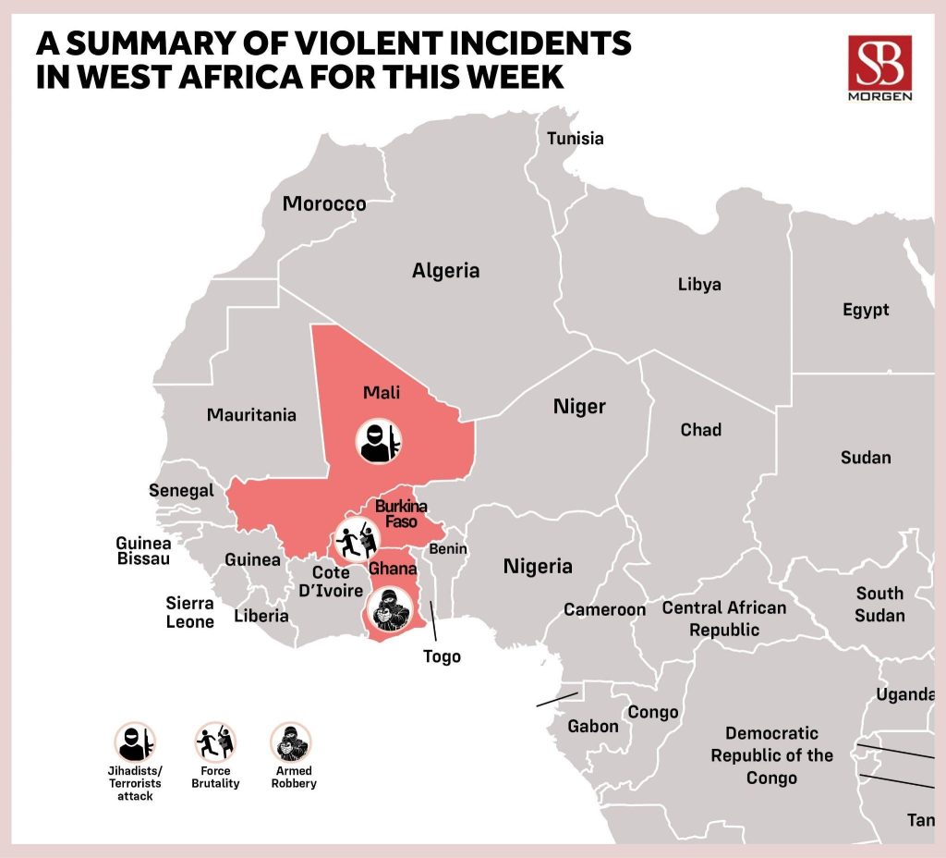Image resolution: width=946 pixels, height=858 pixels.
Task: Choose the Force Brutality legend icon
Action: (x=216, y=742)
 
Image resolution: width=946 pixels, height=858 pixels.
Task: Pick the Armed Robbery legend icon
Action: (x=290, y=742)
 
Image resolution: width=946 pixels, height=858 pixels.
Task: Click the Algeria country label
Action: (x=445, y=271)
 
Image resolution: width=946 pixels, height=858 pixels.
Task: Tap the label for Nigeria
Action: (x=538, y=566)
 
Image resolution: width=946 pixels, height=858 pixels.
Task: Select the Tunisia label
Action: (x=575, y=139)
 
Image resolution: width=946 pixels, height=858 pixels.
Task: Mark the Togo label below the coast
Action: (x=442, y=657)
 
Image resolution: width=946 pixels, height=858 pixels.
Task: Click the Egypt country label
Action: (x=866, y=310)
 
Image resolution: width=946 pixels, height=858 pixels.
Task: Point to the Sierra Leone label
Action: (x=190, y=613)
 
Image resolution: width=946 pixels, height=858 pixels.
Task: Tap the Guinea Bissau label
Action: (x=143, y=552)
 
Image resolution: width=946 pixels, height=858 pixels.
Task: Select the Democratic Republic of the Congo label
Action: (x=771, y=755)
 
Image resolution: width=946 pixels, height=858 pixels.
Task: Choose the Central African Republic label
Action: (x=724, y=619)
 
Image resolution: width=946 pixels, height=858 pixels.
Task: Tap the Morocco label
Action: (x=324, y=203)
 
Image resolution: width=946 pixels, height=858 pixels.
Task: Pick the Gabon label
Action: (x=593, y=726)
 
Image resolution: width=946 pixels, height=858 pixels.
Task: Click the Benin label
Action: (x=448, y=549)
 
